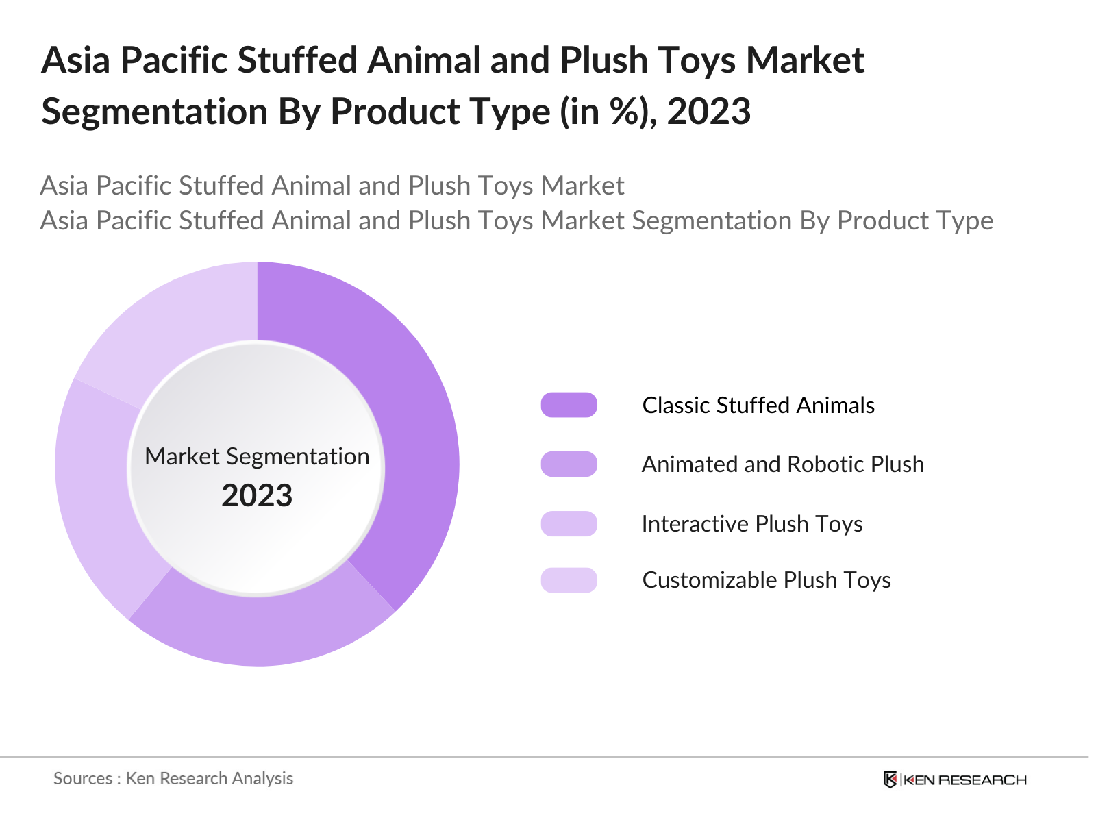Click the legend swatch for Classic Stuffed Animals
tap(569, 405)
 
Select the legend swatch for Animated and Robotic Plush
tap(569, 464)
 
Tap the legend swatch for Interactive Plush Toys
tap(569, 523)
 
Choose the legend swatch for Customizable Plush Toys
tap(569, 580)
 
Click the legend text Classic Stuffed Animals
tap(758, 406)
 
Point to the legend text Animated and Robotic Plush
tap(782, 464)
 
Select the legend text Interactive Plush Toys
tap(751, 524)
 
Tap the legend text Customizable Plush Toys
tap(766, 580)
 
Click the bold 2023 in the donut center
tap(257, 495)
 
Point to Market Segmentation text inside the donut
tap(257, 456)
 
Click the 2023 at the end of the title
tap(709, 112)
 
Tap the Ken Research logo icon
tap(890, 780)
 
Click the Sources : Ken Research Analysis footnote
tap(173, 778)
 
